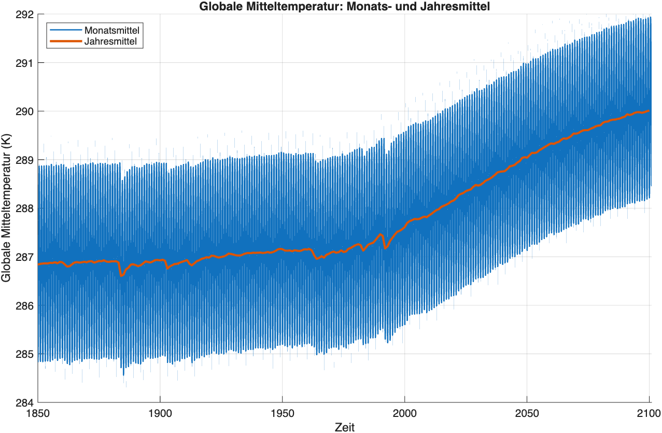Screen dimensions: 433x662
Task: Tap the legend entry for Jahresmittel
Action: pyautogui.click(x=110, y=41)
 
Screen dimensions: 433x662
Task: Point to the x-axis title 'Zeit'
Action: pyautogui.click(x=344, y=426)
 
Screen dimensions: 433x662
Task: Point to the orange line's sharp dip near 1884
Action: pyautogui.click(x=121, y=275)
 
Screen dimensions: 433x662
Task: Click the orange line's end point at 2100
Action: pyautogui.click(x=649, y=110)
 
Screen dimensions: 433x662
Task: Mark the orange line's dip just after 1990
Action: pyautogui.click(x=385, y=248)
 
